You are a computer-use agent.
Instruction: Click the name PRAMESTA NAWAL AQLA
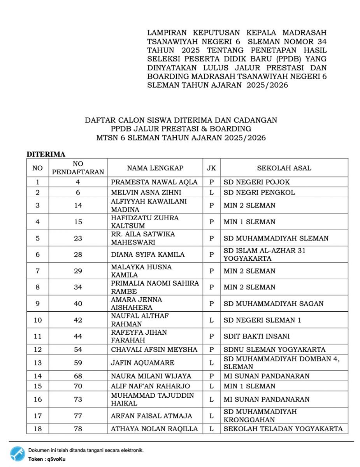point(154,182)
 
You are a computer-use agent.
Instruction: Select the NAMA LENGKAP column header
point(155,168)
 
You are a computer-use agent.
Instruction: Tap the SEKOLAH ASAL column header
point(284,168)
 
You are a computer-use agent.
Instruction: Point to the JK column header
point(211,168)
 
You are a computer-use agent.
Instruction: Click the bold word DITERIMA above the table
point(46,154)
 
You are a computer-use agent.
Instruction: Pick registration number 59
point(78,363)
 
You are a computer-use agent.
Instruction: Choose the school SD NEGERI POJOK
point(256,182)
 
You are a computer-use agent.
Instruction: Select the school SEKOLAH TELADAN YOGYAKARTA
point(283,429)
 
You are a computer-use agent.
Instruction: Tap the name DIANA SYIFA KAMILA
point(148,255)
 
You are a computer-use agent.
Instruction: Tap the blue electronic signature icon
point(18,454)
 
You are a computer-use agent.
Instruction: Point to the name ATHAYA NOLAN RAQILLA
point(154,429)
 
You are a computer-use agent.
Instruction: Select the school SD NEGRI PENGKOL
point(259,192)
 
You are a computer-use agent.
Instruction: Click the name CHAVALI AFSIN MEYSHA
point(154,349)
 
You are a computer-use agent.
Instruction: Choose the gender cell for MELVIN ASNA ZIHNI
point(211,192)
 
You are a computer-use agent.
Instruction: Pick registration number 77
point(78,416)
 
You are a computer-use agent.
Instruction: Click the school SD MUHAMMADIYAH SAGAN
point(273,304)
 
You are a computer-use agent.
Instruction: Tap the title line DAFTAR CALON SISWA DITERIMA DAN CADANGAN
point(181,120)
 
